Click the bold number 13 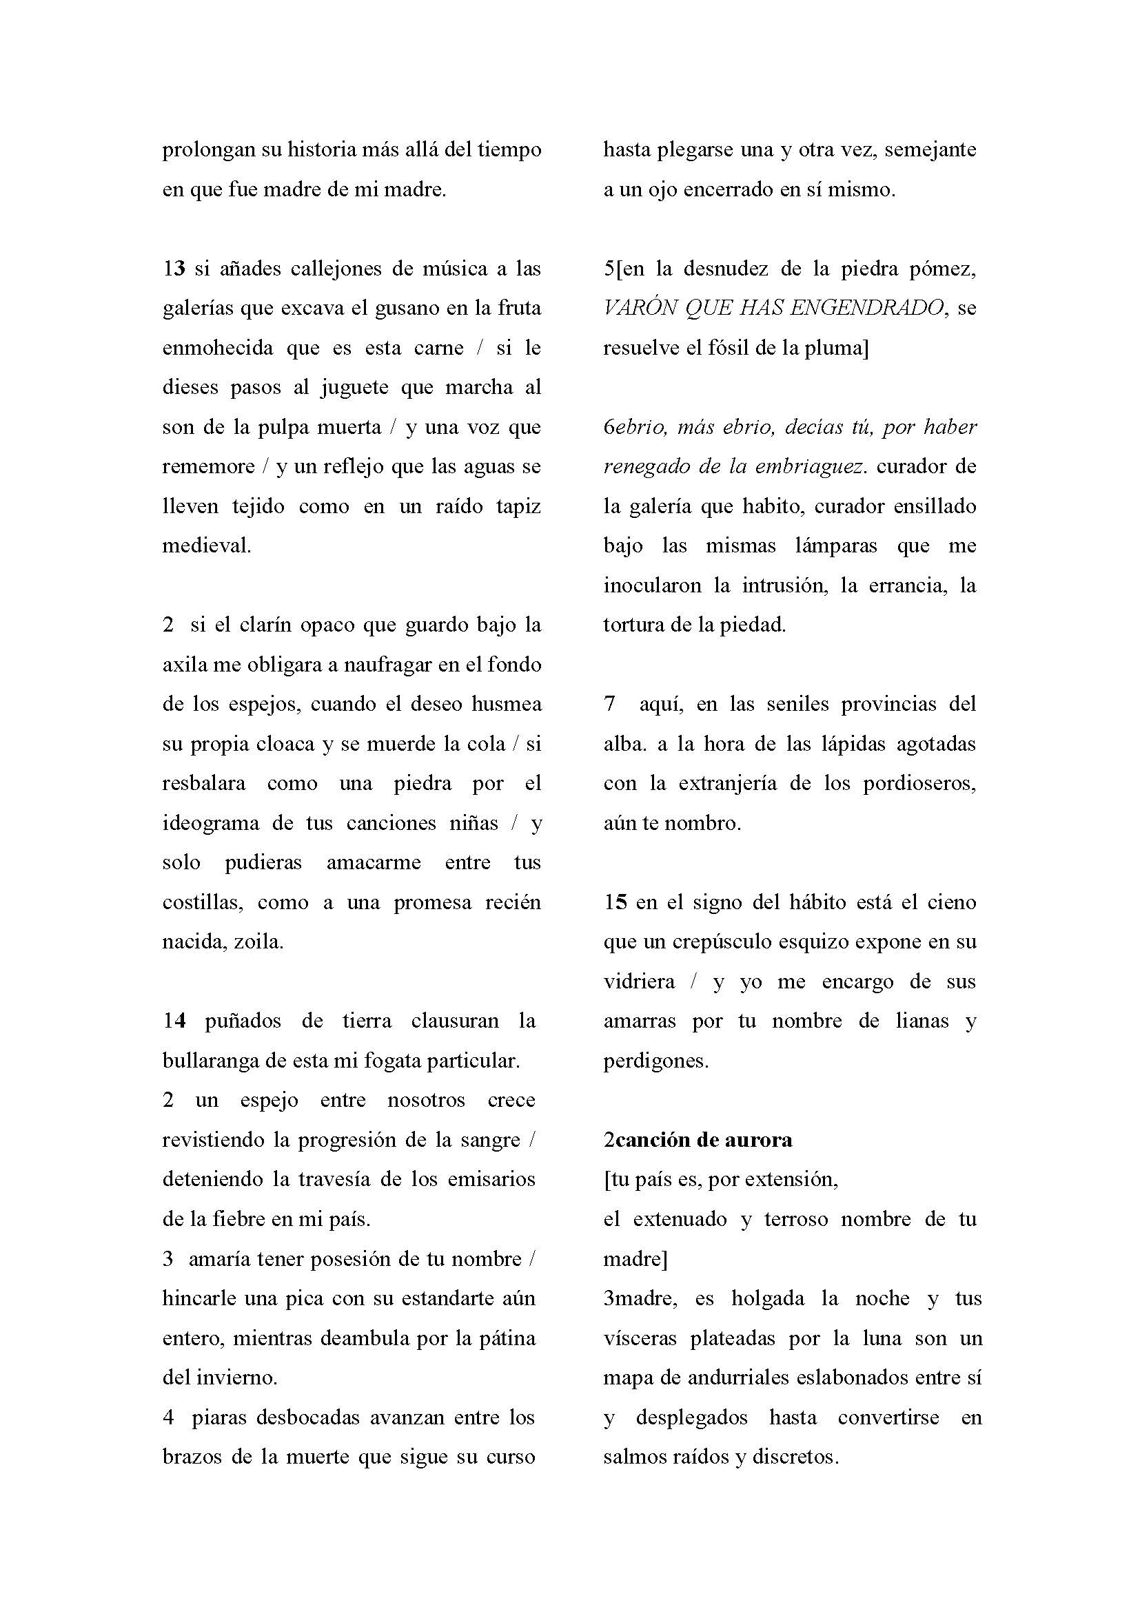click(x=174, y=269)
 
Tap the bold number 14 click(x=174, y=1021)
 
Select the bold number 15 click(x=615, y=902)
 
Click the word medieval click(x=206, y=546)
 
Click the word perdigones click(x=655, y=1061)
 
